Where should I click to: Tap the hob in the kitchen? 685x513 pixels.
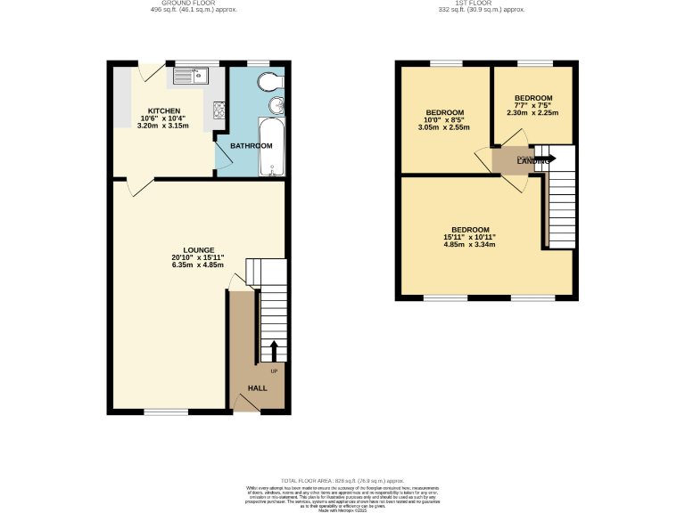[x=219, y=110]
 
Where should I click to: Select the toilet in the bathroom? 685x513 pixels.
[x=267, y=82]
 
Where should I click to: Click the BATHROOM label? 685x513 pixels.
[x=251, y=146]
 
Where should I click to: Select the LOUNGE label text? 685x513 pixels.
[x=196, y=250]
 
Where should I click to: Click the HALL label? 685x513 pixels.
[x=257, y=388]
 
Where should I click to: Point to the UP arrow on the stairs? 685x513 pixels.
[x=274, y=349]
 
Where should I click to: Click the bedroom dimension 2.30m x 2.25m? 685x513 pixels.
[x=532, y=113]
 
